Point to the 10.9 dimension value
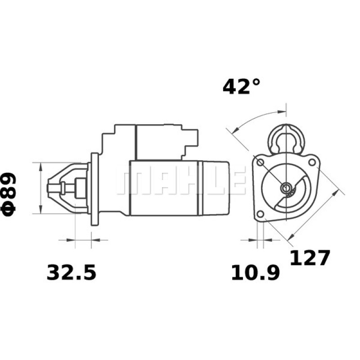coord(255,273)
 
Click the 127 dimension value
coord(310,258)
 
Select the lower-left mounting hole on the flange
coord(260,214)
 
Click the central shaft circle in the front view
coord(285,188)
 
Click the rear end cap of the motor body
coord(216,188)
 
